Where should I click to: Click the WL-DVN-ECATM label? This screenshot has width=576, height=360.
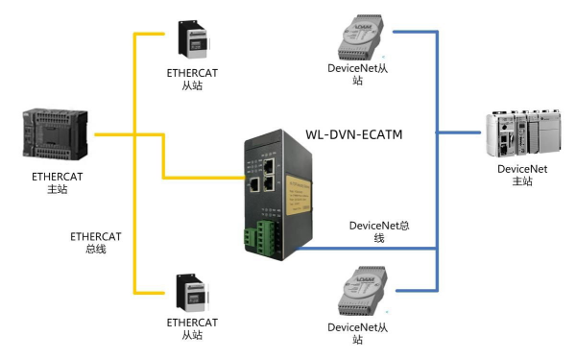[x=353, y=135]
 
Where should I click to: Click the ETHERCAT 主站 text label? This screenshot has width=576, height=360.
[x=57, y=183]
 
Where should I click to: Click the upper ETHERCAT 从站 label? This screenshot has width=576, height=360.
[x=192, y=79]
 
